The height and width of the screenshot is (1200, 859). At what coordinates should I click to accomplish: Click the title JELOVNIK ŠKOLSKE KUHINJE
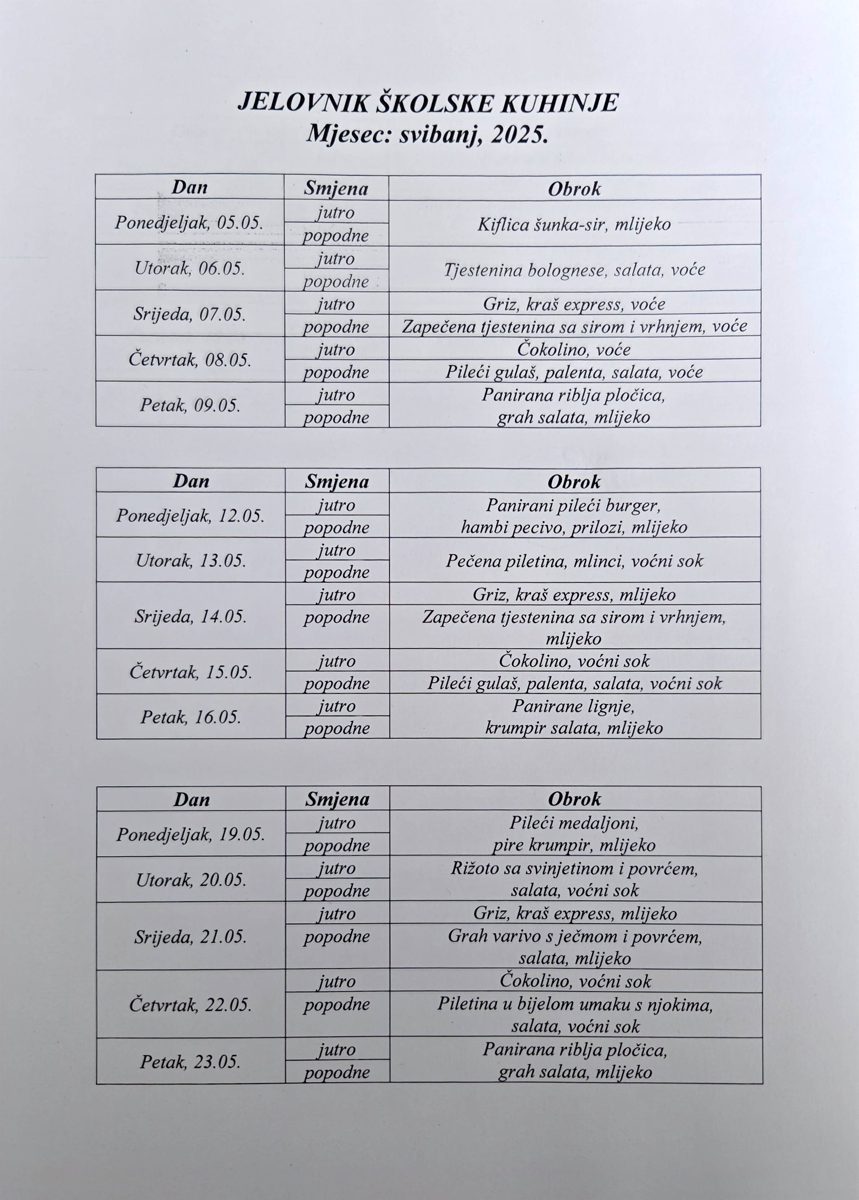point(427,103)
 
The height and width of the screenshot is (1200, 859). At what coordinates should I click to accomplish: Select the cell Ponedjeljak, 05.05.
point(189,223)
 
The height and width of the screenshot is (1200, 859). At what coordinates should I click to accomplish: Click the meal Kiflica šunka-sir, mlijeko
point(574,224)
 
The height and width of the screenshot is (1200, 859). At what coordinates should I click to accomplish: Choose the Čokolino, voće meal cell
point(574,349)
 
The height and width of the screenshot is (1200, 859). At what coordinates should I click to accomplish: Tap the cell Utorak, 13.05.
point(191,560)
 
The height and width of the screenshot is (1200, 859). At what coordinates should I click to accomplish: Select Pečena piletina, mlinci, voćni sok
point(574,561)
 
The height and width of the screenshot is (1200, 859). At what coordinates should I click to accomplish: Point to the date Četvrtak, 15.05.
point(191,672)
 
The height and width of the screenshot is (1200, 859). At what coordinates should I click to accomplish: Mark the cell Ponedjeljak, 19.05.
point(191,834)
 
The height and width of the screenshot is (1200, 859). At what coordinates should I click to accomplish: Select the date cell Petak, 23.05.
point(191,1061)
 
